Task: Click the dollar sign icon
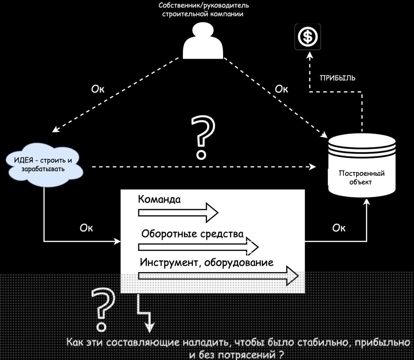pos(308,37)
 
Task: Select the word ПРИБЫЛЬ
pos(337,78)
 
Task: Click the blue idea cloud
pos(44,165)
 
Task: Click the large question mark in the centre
pos(203,137)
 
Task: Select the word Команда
pos(159,199)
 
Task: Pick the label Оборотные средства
pos(192,234)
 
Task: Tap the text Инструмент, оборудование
pos(207,262)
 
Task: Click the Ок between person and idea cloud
pos(98,89)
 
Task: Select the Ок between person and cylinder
pos(281,89)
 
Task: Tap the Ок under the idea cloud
pos(86,228)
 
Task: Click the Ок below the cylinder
pos(339,228)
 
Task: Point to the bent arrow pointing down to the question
pos(144,312)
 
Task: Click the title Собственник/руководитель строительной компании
pos(204,10)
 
